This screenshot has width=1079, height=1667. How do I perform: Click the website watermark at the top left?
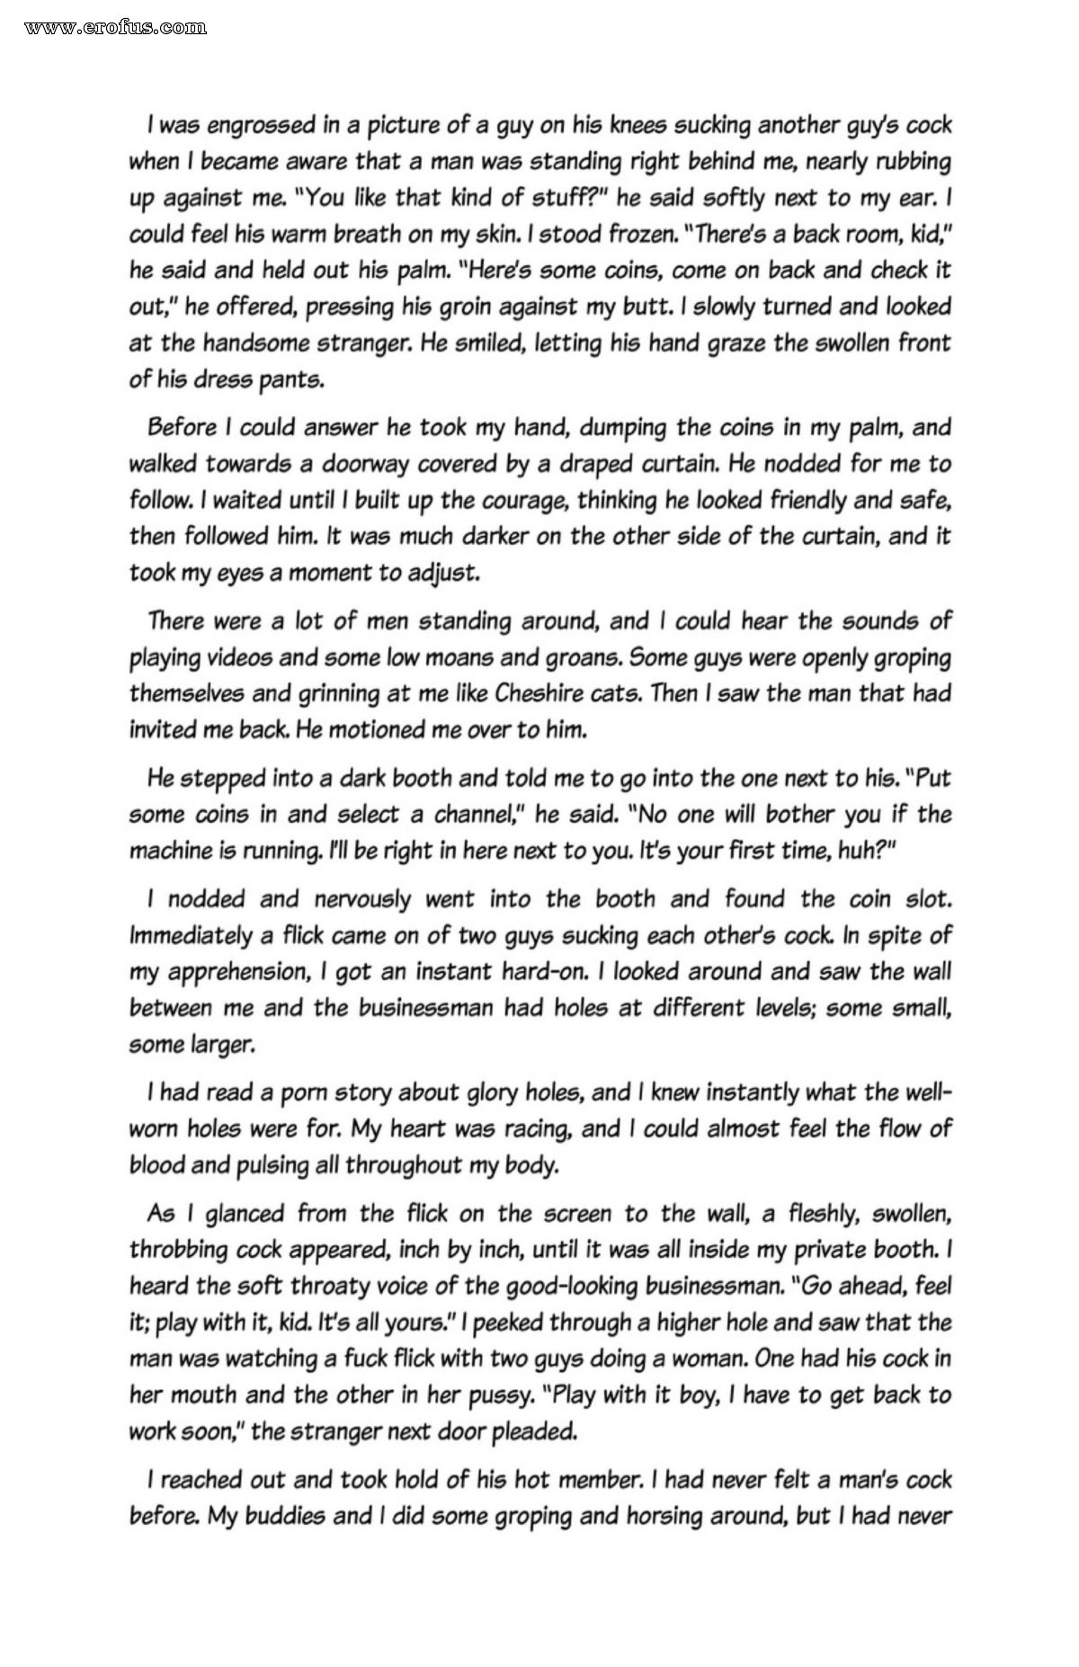(x=116, y=27)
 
